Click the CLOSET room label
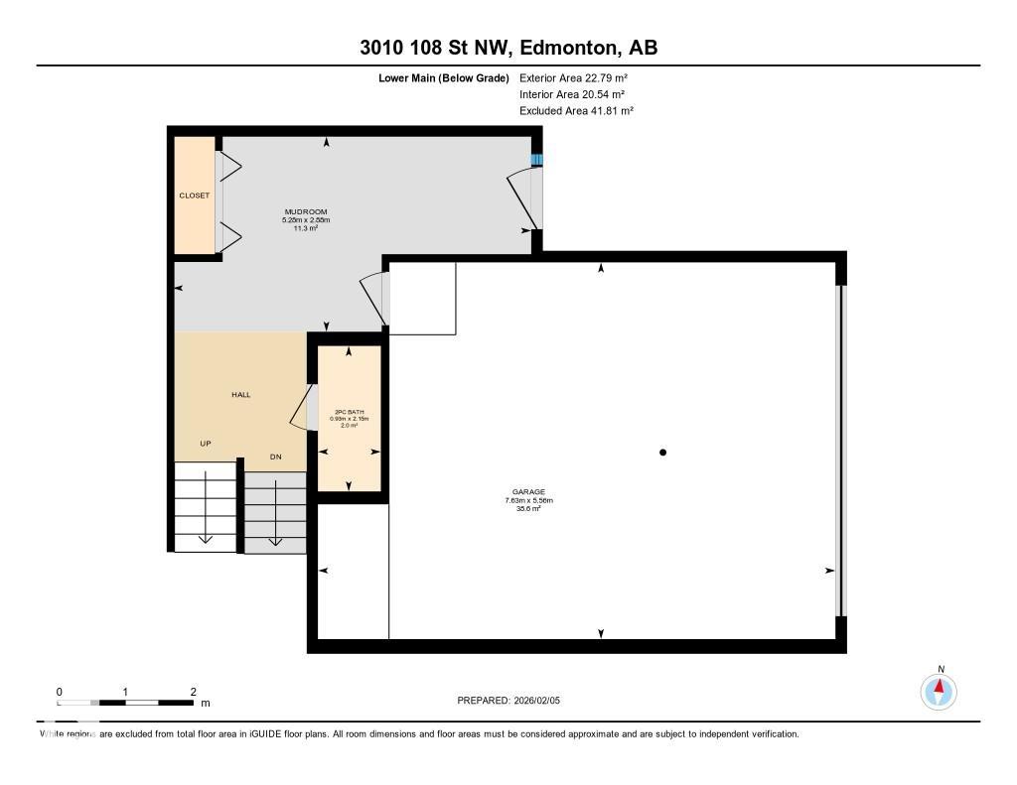tap(195, 196)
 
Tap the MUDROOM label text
tap(306, 211)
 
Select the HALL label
tap(240, 394)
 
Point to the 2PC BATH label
tap(348, 411)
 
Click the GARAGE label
tap(528, 492)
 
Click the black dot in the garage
tap(663, 453)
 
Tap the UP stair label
tap(206, 443)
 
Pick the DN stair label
tap(277, 457)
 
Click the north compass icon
tap(939, 690)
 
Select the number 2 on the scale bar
tap(193, 692)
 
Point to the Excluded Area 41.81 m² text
tap(576, 111)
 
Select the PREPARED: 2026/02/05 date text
tap(508, 701)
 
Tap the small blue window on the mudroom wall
tap(537, 159)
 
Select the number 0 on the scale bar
tap(60, 692)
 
